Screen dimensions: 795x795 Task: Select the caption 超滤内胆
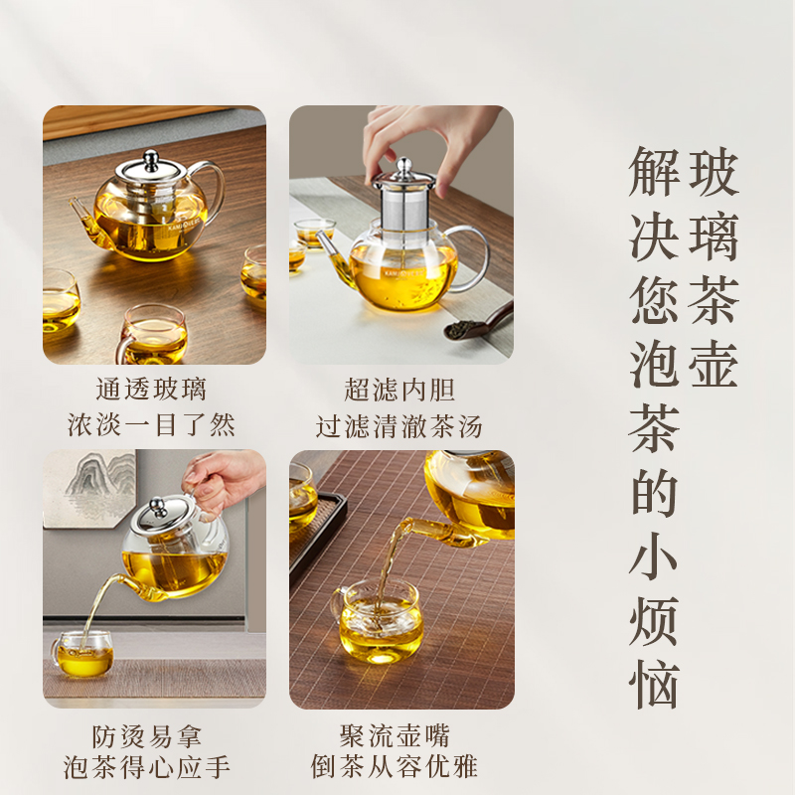click(x=398, y=389)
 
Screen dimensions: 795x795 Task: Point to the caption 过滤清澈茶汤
click(x=398, y=426)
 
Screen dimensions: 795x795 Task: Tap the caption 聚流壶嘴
click(x=398, y=736)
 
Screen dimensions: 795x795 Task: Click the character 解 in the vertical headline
click(x=655, y=173)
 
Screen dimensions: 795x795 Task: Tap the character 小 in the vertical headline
click(x=655, y=556)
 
